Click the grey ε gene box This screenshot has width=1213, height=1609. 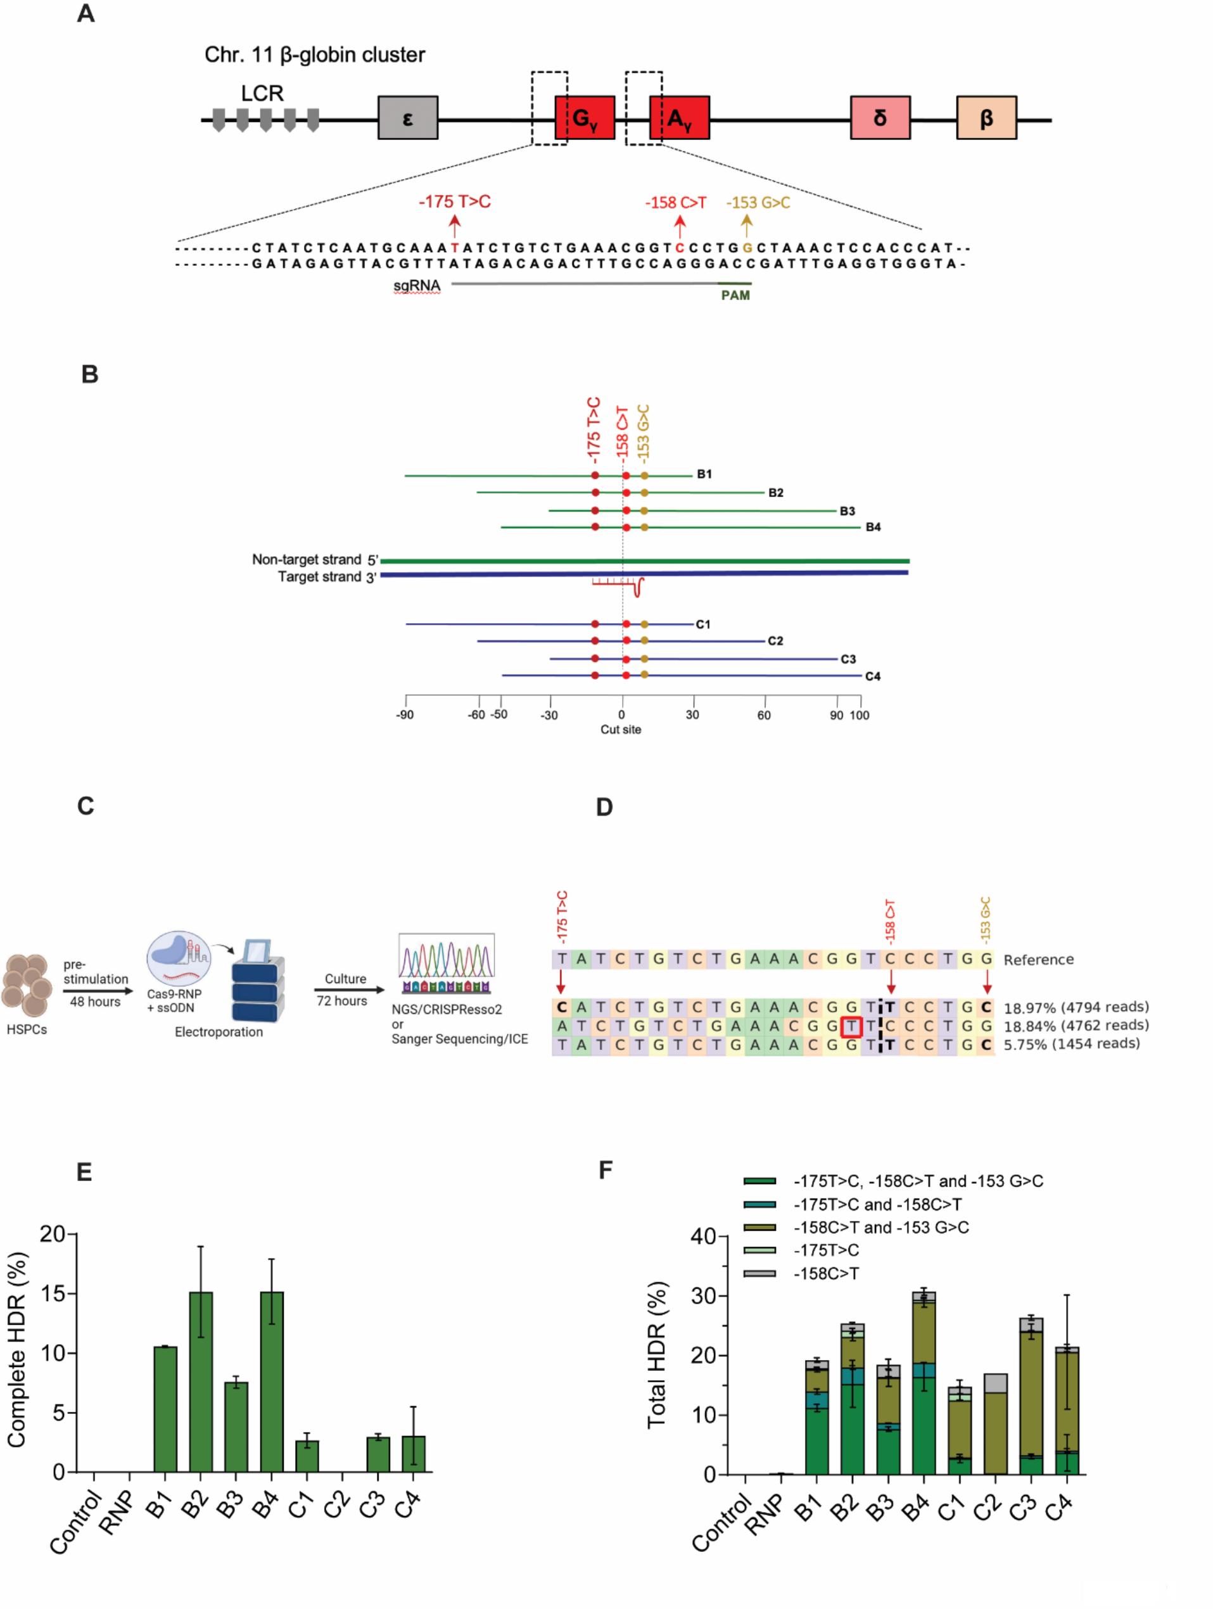pos(407,117)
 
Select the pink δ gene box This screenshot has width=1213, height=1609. pos(879,117)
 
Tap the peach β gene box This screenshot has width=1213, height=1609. pos(986,117)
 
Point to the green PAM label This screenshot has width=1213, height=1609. pos(735,295)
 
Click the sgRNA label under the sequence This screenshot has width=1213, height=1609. pos(417,286)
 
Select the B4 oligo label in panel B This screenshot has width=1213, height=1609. pos(873,528)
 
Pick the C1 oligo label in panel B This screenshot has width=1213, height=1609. pos(702,624)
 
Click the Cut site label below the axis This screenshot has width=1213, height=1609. pos(620,730)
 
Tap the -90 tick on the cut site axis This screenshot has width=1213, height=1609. pos(405,715)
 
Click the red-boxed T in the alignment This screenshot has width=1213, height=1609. pos(850,1026)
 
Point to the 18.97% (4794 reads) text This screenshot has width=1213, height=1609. pos(1076,1007)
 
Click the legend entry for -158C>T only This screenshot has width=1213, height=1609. pos(825,1274)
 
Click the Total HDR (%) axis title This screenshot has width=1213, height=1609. pos(657,1354)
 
